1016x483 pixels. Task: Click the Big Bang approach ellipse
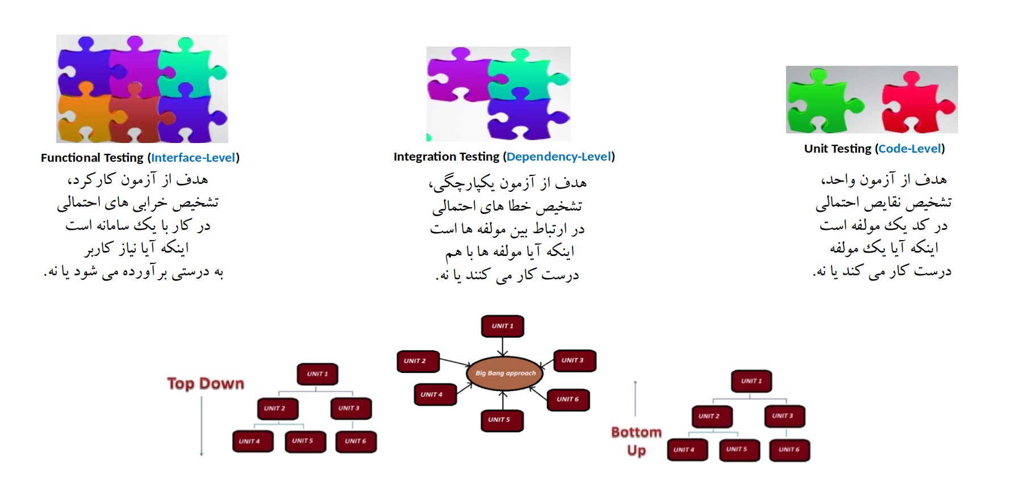point(505,373)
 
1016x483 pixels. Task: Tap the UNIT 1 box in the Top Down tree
point(317,374)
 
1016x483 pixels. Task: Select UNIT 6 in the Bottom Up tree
point(789,450)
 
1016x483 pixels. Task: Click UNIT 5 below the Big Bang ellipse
point(502,420)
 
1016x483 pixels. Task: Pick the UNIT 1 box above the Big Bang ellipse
point(503,326)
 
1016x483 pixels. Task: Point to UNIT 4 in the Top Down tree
point(253,441)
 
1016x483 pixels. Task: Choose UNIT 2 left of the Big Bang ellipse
point(418,361)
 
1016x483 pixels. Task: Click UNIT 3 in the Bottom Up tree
point(784,416)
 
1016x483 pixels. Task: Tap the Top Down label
point(206,384)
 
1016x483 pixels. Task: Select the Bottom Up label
point(637,441)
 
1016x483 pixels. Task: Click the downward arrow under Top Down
point(202,426)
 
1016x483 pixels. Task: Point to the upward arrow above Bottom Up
point(635,398)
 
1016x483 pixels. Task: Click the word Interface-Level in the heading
point(193,158)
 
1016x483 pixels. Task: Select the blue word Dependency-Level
point(559,157)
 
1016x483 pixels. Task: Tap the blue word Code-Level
point(910,149)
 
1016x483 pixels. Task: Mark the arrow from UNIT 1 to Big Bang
point(503,347)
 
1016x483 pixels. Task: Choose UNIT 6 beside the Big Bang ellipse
point(568,400)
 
